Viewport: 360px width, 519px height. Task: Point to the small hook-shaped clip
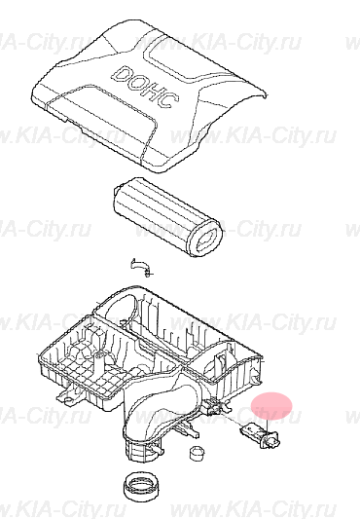pyautogui.click(x=140, y=266)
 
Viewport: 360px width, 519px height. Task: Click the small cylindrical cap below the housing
pyautogui.click(x=198, y=453)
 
